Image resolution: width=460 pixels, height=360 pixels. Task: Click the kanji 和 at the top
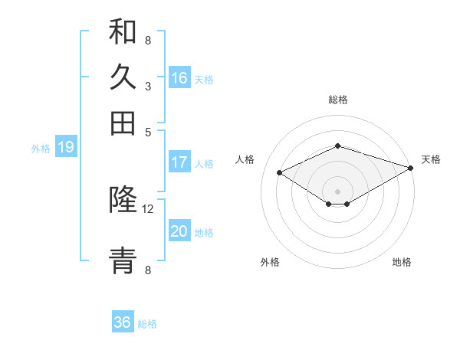coord(123,32)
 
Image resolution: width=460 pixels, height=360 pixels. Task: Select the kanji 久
coord(123,77)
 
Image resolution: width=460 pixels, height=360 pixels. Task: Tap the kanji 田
coord(123,123)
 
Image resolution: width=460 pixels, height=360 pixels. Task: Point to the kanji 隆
coord(123,201)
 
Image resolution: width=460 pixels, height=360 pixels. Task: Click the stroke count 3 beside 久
coord(147,87)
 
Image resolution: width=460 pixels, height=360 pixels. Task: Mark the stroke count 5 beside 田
coord(147,131)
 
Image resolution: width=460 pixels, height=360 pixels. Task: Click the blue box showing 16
coord(179,77)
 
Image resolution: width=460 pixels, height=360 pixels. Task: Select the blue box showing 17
coord(179,162)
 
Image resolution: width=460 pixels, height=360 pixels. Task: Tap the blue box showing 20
coord(179,231)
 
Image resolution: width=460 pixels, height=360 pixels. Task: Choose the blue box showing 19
coord(65,147)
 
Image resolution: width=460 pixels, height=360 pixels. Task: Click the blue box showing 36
coord(123,322)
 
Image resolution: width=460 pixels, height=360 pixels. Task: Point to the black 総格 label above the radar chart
coord(338,100)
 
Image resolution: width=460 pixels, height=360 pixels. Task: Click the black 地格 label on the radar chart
coord(402,263)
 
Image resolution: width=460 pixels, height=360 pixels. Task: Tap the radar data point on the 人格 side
coord(280,173)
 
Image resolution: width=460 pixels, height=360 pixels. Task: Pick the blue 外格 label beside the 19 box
coord(41,149)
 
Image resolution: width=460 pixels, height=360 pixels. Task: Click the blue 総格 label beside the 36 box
coord(147,324)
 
